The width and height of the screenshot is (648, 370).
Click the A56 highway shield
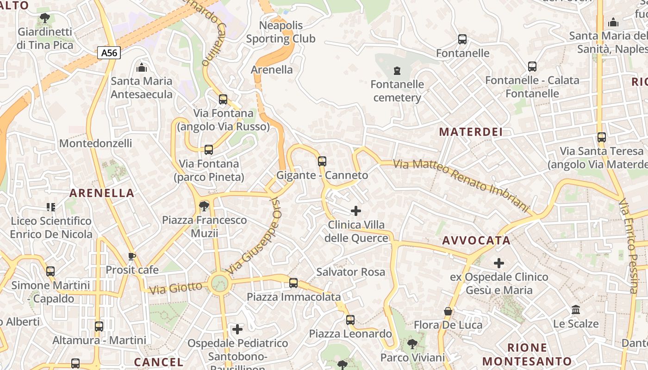[x=109, y=53]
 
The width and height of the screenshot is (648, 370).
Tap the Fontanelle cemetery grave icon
[x=397, y=71]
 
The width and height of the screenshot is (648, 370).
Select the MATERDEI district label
[x=471, y=132]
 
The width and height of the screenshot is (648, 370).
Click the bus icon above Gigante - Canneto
[x=322, y=161]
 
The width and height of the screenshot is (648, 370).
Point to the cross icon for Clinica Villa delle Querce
[x=355, y=211]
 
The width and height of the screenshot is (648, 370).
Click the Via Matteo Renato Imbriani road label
[x=461, y=185]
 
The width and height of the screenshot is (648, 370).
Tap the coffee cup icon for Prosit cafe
[x=132, y=256]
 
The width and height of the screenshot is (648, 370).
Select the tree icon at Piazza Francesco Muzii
[x=204, y=206]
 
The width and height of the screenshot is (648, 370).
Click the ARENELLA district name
[x=102, y=193]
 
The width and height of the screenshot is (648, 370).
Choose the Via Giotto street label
[x=176, y=288]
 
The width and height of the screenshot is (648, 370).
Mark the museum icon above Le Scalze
[x=576, y=309]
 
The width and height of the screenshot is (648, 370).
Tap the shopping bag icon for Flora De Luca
[x=448, y=311]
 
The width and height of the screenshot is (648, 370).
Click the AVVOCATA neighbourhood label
[x=476, y=240]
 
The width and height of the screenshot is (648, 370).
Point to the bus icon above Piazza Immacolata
[x=293, y=283]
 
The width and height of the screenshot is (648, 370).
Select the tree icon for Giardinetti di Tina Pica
[x=45, y=18]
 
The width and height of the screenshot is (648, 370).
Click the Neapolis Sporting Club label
[x=280, y=32]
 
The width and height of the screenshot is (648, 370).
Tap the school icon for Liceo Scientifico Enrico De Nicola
[x=51, y=207]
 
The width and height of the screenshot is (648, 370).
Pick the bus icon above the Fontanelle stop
[x=462, y=39]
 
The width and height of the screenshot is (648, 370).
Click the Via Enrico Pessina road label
[x=629, y=245]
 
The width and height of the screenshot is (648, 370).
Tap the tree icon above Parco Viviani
[x=412, y=344]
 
